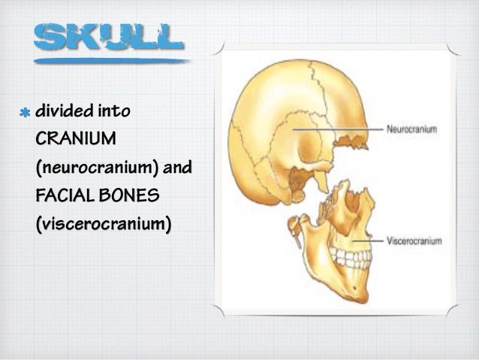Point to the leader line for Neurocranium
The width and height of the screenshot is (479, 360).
[337, 129]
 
